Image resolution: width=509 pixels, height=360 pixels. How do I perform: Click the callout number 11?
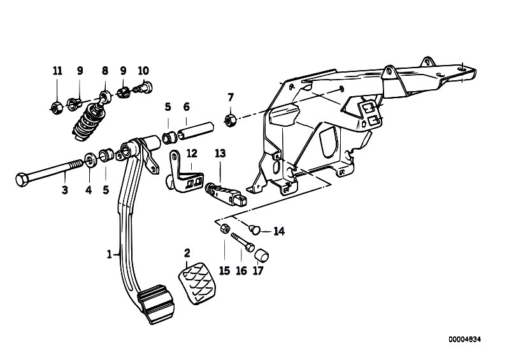tap(57, 71)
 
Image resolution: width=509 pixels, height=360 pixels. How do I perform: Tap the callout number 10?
tap(143, 71)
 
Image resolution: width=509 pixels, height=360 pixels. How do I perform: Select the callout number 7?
tap(231, 97)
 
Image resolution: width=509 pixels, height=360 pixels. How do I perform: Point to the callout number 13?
tap(220, 153)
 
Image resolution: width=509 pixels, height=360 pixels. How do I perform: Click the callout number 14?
tap(279, 231)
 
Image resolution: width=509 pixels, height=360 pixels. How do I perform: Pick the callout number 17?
tap(258, 270)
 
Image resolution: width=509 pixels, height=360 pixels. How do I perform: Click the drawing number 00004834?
tap(465, 340)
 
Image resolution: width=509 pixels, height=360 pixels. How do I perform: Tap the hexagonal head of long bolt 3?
tap(22, 180)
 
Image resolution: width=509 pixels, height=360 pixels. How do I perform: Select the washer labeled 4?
tap(90, 160)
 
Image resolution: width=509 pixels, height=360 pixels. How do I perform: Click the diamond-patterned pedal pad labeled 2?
tap(197, 284)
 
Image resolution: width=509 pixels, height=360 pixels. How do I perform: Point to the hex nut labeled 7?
tap(230, 120)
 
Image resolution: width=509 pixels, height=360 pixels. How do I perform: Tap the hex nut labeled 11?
tap(57, 108)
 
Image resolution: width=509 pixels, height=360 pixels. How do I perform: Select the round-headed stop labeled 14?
tap(255, 229)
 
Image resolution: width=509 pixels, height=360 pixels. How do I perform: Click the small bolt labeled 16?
tap(243, 242)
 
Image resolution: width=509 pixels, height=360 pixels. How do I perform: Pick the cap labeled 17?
tap(262, 255)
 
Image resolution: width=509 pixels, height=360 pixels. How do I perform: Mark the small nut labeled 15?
tap(225, 228)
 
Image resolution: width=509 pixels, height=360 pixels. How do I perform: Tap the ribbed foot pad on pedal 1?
tap(156, 303)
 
